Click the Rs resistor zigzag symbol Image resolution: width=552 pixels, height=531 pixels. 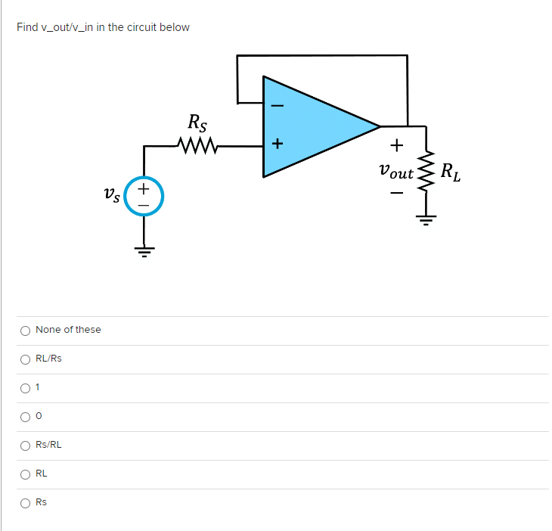tap(197, 143)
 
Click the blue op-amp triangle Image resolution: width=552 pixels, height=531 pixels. tap(318, 126)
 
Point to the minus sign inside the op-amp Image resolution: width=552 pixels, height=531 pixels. tap(277, 105)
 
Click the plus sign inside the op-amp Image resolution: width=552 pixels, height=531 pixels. tap(277, 143)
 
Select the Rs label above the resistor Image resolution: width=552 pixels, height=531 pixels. tap(198, 120)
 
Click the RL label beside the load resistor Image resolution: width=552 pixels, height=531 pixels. tap(451, 173)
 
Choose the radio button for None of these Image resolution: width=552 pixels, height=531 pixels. tap(25, 330)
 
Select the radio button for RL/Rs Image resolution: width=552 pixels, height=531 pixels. tap(25, 359)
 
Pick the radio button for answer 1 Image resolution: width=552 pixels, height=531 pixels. tap(25, 387)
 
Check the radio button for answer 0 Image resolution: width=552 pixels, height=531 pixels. tap(25, 416)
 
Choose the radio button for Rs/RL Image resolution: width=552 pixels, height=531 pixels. tap(25, 445)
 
